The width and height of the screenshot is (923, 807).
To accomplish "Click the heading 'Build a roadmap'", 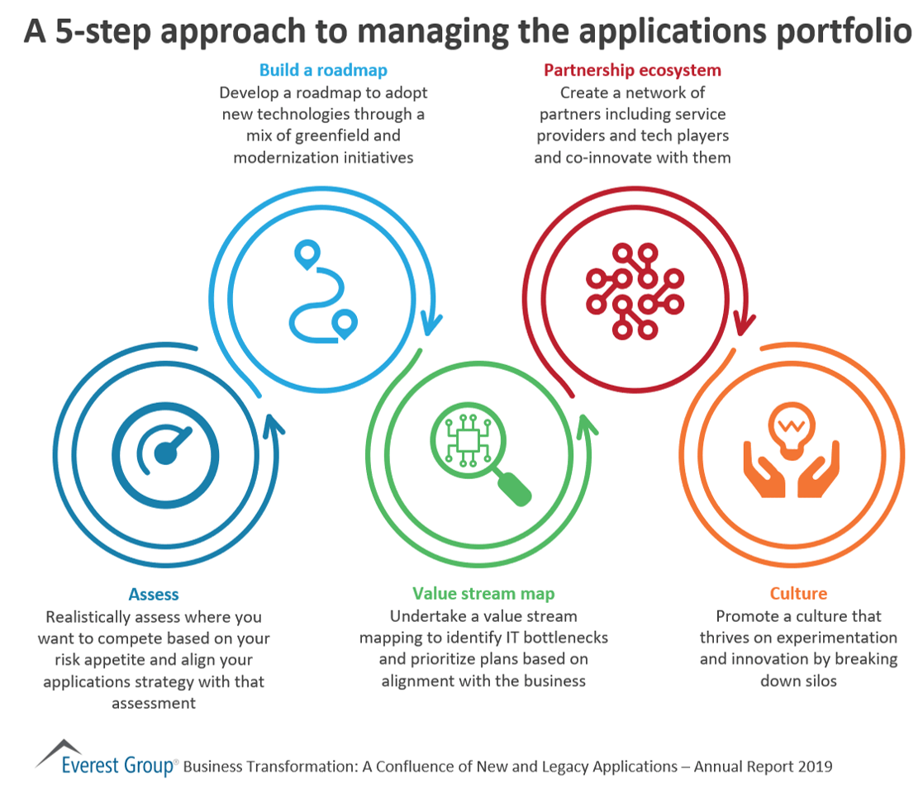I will [323, 70].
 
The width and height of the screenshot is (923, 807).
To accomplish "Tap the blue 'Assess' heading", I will [154, 594].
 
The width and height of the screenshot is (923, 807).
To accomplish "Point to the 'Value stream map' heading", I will [483, 594].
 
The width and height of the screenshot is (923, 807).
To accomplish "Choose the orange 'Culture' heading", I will [798, 594].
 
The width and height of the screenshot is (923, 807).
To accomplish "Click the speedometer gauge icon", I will [166, 451].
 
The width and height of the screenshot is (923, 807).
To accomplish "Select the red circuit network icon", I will [634, 290].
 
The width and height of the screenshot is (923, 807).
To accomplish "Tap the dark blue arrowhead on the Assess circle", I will [274, 426].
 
